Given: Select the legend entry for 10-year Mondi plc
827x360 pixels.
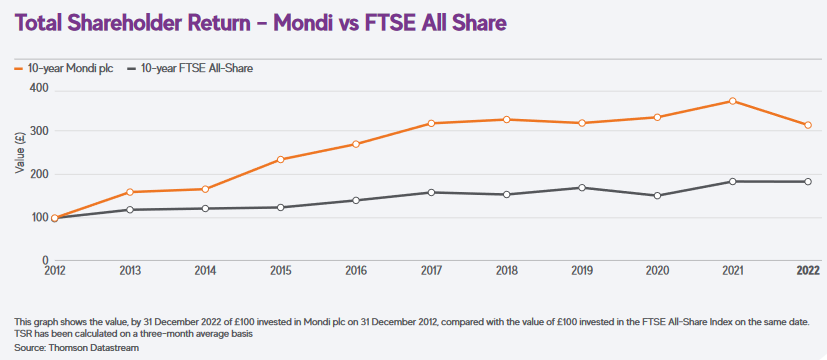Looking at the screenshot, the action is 63,69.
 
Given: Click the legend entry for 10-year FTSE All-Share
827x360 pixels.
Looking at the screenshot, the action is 190,69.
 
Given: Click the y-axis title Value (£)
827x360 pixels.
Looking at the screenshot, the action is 20,154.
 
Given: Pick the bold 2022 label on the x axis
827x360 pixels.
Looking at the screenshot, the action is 808,270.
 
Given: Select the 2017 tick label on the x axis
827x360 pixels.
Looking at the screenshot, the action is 431,270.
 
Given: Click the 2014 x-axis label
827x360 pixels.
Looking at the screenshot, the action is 205,270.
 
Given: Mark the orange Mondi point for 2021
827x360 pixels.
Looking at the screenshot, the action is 733,101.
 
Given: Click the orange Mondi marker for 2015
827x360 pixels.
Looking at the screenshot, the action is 281,159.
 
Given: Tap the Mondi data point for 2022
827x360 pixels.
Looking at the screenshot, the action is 808,125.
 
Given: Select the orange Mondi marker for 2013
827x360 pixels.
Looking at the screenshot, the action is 130,192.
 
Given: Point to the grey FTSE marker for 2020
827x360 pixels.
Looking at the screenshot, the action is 657,196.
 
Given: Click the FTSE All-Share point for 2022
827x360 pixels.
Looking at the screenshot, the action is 808,181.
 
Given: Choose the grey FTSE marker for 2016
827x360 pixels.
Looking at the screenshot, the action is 356,200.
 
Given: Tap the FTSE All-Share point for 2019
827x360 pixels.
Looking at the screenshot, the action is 582,188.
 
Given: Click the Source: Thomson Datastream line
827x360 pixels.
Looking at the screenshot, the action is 77,348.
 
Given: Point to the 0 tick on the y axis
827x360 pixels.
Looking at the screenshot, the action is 46,260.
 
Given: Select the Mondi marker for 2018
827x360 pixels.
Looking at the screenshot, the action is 506,120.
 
